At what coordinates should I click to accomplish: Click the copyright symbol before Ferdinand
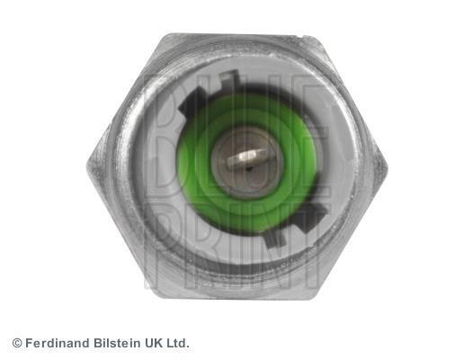17,343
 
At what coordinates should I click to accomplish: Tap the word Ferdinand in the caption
58,343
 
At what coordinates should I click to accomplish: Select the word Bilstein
118,343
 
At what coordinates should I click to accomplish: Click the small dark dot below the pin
249,168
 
